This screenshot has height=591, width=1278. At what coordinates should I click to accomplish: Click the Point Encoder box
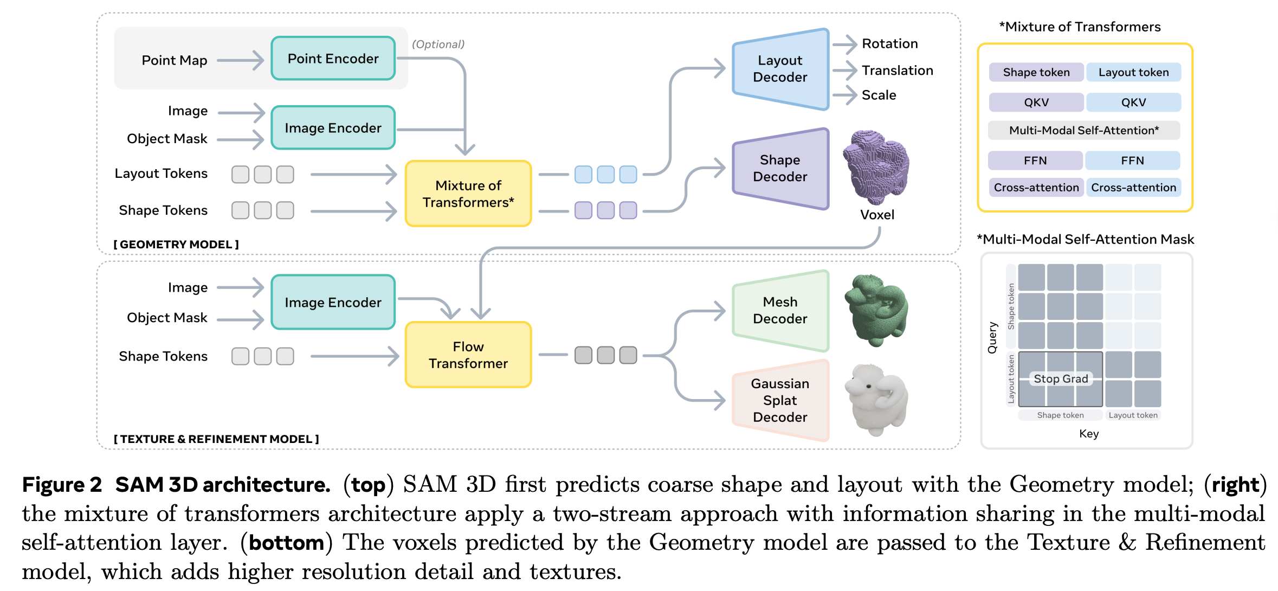(x=333, y=59)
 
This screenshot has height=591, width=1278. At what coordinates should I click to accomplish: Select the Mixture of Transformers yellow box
(x=468, y=194)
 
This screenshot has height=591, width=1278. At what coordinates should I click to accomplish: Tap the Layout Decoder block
(x=780, y=69)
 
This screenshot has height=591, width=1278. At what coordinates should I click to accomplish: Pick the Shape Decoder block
(x=780, y=168)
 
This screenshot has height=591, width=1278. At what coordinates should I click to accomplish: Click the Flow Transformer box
(x=468, y=355)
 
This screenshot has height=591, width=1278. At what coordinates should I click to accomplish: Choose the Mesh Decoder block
(x=780, y=310)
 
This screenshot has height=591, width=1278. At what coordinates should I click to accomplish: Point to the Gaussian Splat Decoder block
(x=780, y=400)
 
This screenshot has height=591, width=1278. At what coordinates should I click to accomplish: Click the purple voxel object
(x=875, y=167)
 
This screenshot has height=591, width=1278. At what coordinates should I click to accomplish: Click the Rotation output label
(x=889, y=44)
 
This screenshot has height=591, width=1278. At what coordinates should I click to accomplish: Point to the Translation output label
(x=897, y=70)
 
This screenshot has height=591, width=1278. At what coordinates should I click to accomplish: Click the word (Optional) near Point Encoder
(x=438, y=44)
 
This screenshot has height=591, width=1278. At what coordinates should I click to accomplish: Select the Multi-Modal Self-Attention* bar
(x=1083, y=130)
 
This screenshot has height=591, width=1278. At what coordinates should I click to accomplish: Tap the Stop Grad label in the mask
(x=1061, y=379)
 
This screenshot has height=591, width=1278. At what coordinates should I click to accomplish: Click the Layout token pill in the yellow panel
(x=1133, y=73)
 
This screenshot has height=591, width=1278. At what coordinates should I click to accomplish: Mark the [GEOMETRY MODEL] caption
(x=176, y=245)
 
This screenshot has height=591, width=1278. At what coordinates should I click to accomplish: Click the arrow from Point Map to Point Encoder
(x=240, y=60)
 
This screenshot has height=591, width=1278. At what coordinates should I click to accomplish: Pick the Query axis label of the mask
(x=992, y=338)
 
